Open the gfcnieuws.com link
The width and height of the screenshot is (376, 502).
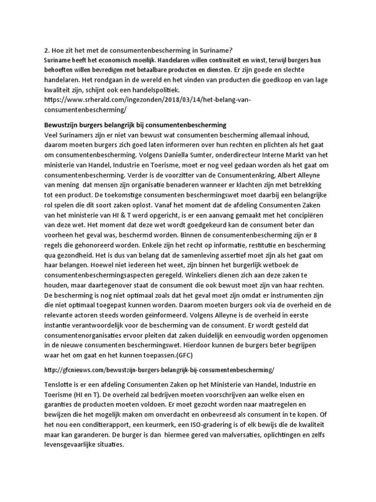(x=159, y=369)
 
